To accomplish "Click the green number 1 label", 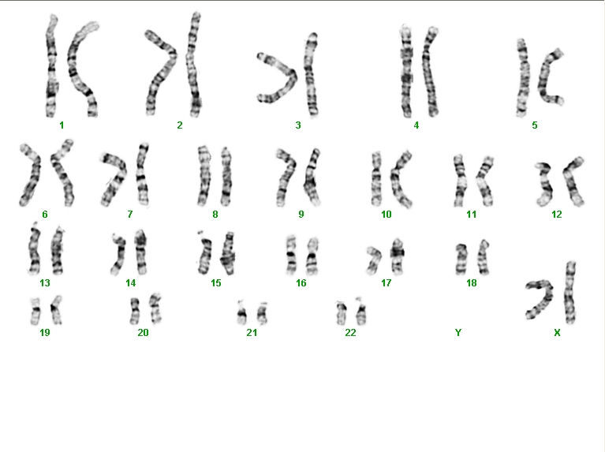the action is point(62,125).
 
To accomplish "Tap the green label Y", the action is point(458,333).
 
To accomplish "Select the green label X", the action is point(557,333).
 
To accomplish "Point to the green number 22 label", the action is point(350,333).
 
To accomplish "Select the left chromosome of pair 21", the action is point(242,312).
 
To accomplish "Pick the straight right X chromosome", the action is point(570,293).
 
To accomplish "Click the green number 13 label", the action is point(45,283).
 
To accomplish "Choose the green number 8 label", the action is point(215,215).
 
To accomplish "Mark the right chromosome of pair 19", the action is point(56,310).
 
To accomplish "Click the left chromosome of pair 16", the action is point(291,255).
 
